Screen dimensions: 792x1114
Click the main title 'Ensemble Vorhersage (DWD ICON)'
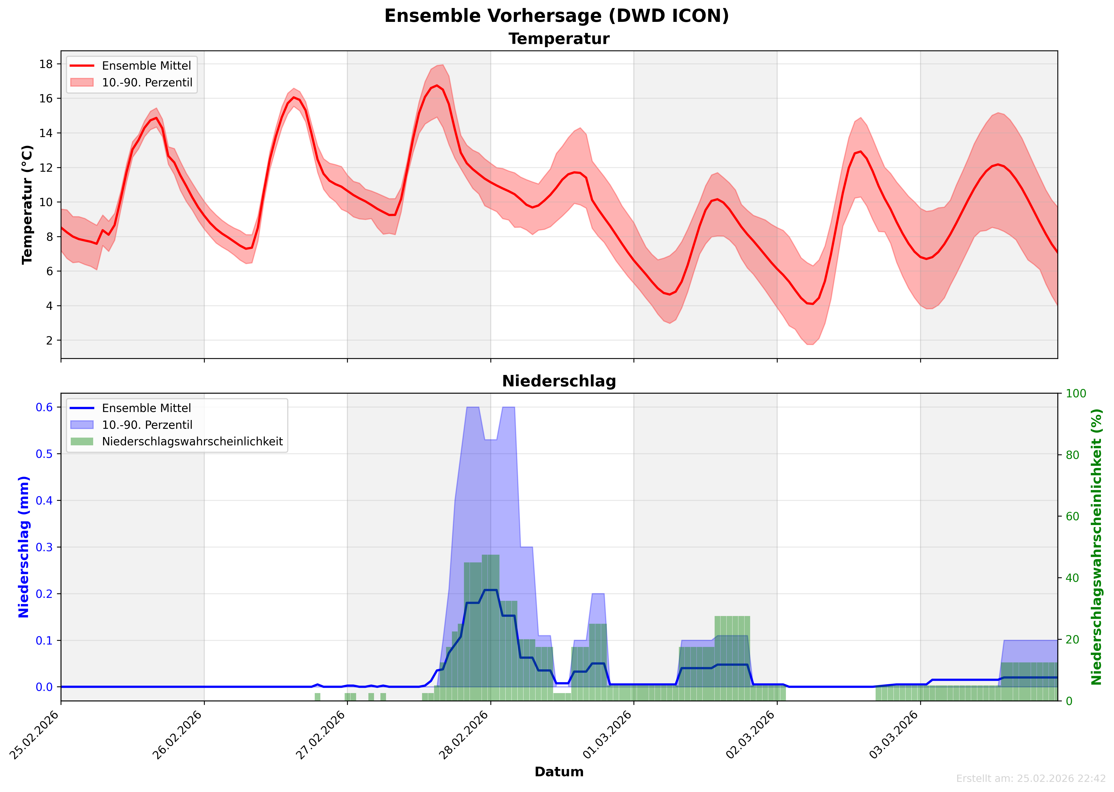point(557,16)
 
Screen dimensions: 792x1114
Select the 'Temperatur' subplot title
point(559,39)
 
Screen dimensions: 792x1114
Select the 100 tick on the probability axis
point(1075,394)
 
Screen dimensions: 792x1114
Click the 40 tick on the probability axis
point(1072,578)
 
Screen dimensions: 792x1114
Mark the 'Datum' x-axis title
point(559,771)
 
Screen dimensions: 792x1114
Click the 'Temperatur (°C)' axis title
point(27,205)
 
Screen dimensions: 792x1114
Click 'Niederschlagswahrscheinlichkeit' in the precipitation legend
point(192,441)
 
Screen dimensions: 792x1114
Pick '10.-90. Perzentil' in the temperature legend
point(147,82)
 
